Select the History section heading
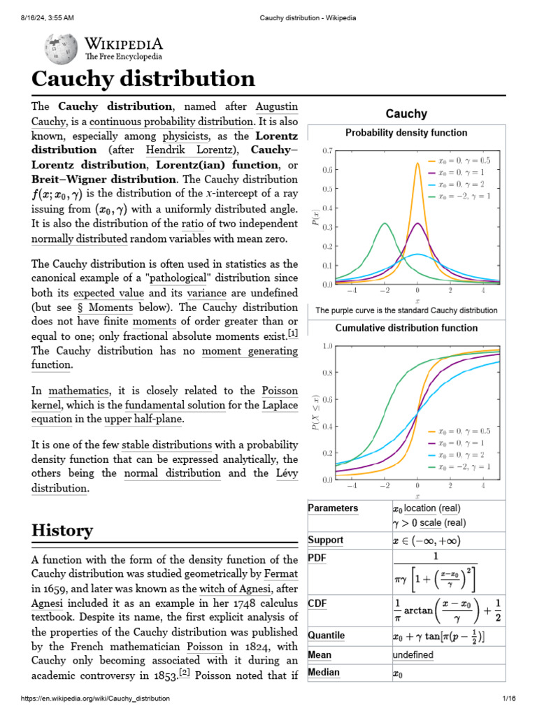tap(62, 530)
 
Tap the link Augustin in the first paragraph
tap(277, 107)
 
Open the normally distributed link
tap(80, 238)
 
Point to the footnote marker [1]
tap(292, 334)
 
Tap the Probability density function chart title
tap(406, 132)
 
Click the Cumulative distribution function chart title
tap(406, 327)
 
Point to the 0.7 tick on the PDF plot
tap(327, 150)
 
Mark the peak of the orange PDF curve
tap(417, 164)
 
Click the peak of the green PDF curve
tap(385, 224)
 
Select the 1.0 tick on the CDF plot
tap(327, 346)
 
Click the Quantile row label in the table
tap(326, 636)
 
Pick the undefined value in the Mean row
tap(413, 655)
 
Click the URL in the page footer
tap(85, 699)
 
